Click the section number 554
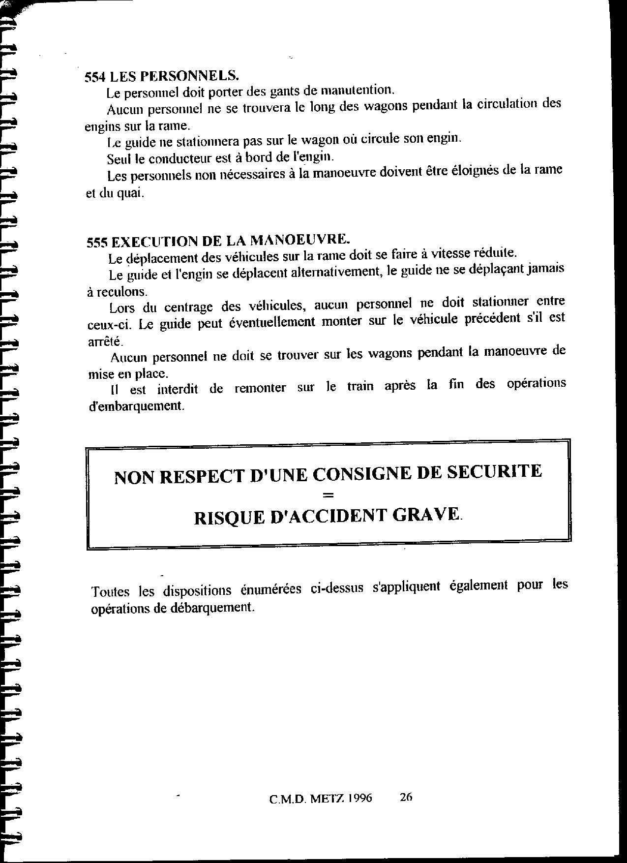(x=95, y=77)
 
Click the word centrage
(x=188, y=307)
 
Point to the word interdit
(x=178, y=389)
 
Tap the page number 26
(x=406, y=797)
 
